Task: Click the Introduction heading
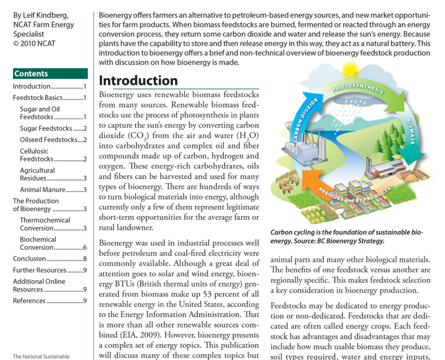tap(139, 81)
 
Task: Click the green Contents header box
tap(50, 74)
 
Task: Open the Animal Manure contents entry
tap(53, 189)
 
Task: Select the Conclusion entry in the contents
tap(50, 258)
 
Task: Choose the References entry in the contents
tap(50, 301)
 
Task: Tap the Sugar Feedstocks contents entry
tap(53, 128)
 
